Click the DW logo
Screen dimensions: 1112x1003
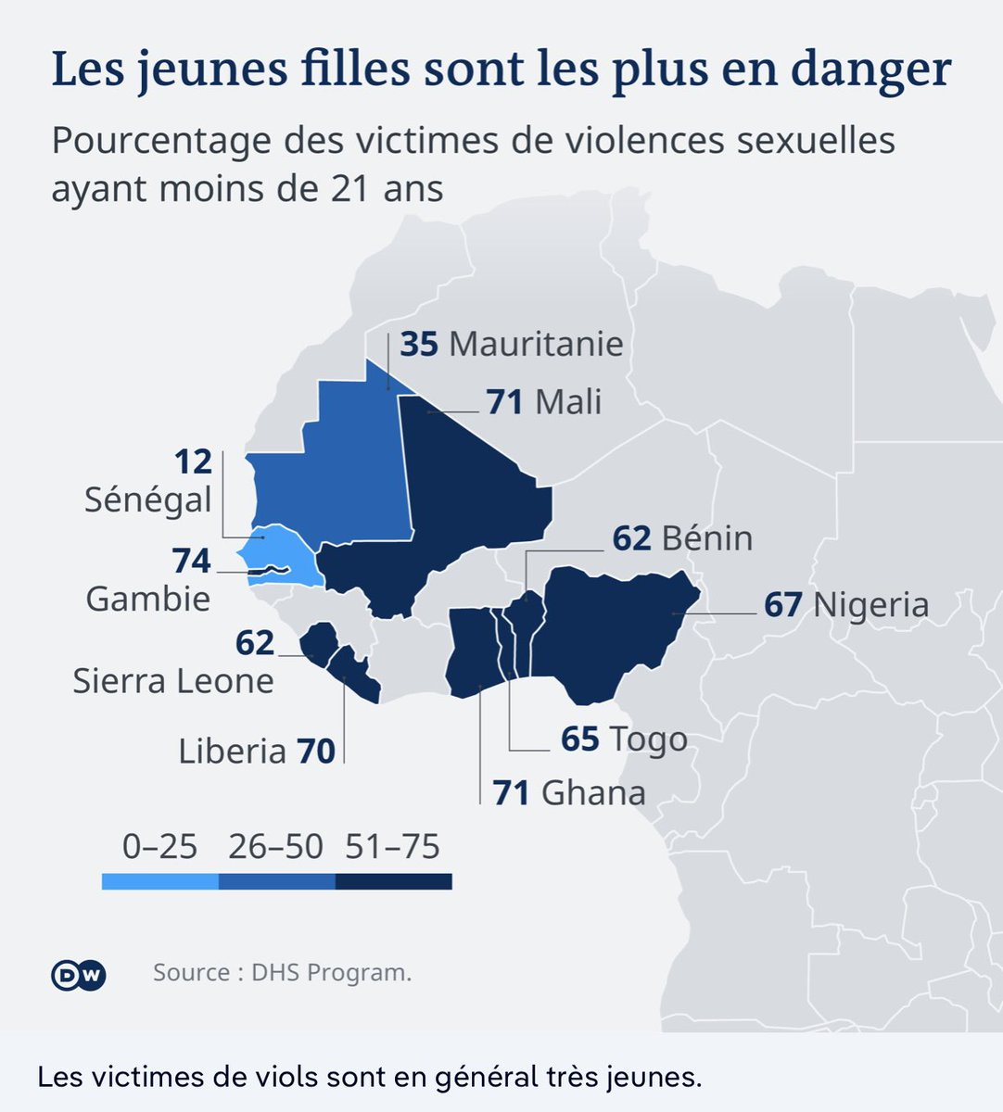[78, 974]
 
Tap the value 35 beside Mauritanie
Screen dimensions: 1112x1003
[418, 344]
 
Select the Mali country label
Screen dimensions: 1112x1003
[568, 402]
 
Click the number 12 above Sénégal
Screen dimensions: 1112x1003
[193, 461]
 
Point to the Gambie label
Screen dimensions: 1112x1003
[148, 599]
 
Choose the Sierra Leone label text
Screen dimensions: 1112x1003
[173, 681]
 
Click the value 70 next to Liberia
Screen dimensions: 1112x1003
[316, 751]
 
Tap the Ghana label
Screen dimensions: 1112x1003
[593, 793]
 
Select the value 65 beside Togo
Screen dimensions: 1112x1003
[580, 739]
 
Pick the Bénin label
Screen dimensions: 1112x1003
[706, 538]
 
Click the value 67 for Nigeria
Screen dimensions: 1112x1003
[783, 605]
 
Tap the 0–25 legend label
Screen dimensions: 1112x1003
[159, 847]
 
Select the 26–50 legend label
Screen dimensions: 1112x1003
[277, 847]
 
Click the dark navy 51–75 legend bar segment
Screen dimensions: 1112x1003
[394, 882]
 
